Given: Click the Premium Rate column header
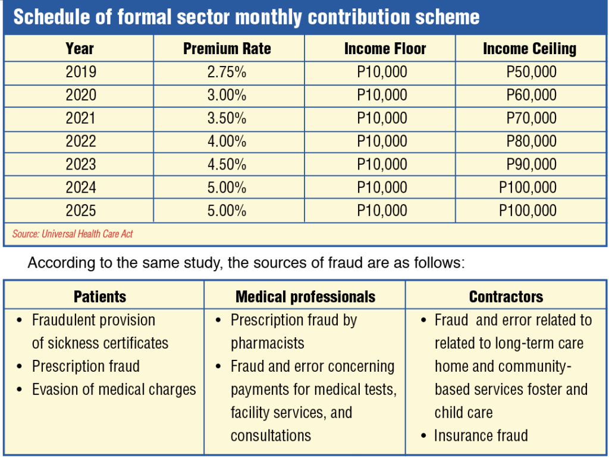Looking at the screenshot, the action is click(227, 49).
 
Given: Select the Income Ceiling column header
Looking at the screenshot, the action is click(529, 49).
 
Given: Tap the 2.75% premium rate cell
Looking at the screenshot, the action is click(227, 72).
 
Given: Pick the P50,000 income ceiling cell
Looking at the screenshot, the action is click(531, 72).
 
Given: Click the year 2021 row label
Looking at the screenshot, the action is click(80, 118).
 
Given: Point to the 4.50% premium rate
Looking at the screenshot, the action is click(227, 164).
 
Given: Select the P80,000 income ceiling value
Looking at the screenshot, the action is click(531, 141).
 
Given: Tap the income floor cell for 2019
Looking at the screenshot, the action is click(382, 72).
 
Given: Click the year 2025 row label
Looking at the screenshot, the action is click(80, 211).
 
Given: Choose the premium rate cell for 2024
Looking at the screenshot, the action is click(227, 187).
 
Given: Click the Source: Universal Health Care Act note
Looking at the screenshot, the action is click(73, 234).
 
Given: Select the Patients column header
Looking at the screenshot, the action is click(100, 297).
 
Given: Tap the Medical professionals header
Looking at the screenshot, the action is click(305, 297).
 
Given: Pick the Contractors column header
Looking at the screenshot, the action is click(506, 297).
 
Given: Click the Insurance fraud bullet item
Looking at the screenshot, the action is click(481, 435).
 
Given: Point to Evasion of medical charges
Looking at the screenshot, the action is click(114, 389).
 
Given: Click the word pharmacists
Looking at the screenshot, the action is click(267, 343).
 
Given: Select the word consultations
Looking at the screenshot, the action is click(271, 435).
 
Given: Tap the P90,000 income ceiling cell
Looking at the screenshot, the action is click(531, 164).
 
